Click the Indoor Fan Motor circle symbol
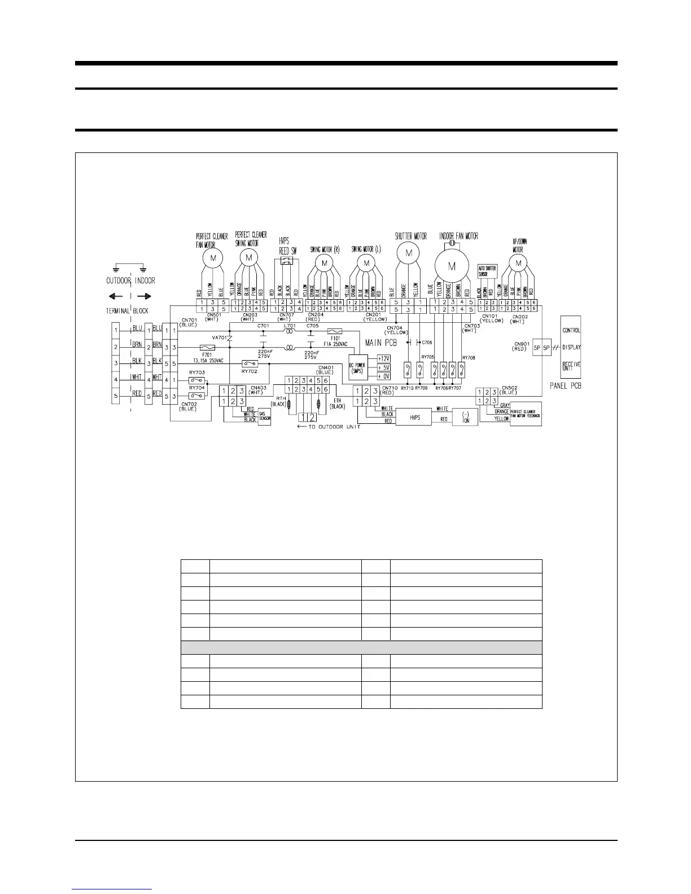pyautogui.click(x=452, y=266)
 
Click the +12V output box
pyautogui.click(x=383, y=358)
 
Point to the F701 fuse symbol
pyautogui.click(x=207, y=348)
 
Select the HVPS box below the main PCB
pyautogui.click(x=415, y=418)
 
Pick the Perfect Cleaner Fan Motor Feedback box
pyautogui.click(x=525, y=415)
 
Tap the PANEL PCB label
pyautogui.click(x=565, y=386)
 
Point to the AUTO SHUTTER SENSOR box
pyautogui.click(x=487, y=271)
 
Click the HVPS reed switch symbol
pyautogui.click(x=287, y=261)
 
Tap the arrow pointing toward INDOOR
pyautogui.click(x=145, y=296)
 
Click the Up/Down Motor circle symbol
pyautogui.click(x=518, y=262)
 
